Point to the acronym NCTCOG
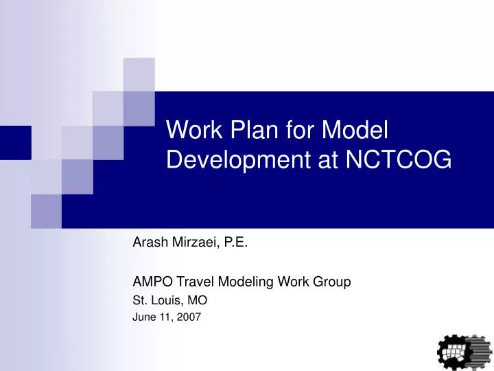[399, 159]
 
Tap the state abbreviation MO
[198, 300]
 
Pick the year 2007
[189, 317]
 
